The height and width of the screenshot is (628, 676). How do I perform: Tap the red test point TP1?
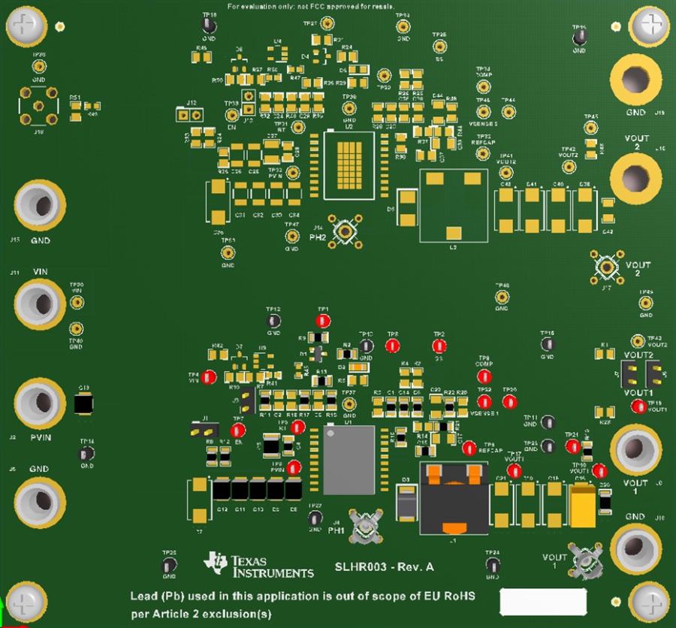click(x=323, y=321)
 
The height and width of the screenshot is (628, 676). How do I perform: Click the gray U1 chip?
click(x=349, y=460)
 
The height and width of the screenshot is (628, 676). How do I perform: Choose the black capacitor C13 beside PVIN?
click(x=83, y=403)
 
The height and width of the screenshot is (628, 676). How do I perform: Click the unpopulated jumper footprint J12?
click(x=189, y=116)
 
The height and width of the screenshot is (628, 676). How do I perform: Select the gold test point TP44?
click(x=509, y=112)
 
